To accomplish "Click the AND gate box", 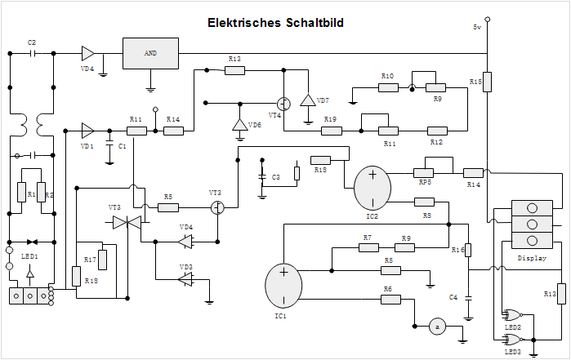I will (150, 53).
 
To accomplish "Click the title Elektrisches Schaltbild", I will (275, 23).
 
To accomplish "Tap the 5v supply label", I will (477, 27).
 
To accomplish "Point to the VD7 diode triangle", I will (308, 100).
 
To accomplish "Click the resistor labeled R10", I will (387, 87).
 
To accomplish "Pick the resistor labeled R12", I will (438, 131).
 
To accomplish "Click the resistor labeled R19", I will (330, 131).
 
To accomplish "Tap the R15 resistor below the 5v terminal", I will (486, 85).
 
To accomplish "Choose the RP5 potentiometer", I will (423, 172).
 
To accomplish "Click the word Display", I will (532, 258).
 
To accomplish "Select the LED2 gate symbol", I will (513, 315).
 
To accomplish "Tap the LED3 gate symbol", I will (513, 339).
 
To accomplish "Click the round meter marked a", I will (437, 327).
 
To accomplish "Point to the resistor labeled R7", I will (368, 248).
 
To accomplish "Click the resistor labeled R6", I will (390, 300).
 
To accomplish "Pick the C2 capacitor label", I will (32, 42).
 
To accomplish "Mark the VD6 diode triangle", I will (239, 125).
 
